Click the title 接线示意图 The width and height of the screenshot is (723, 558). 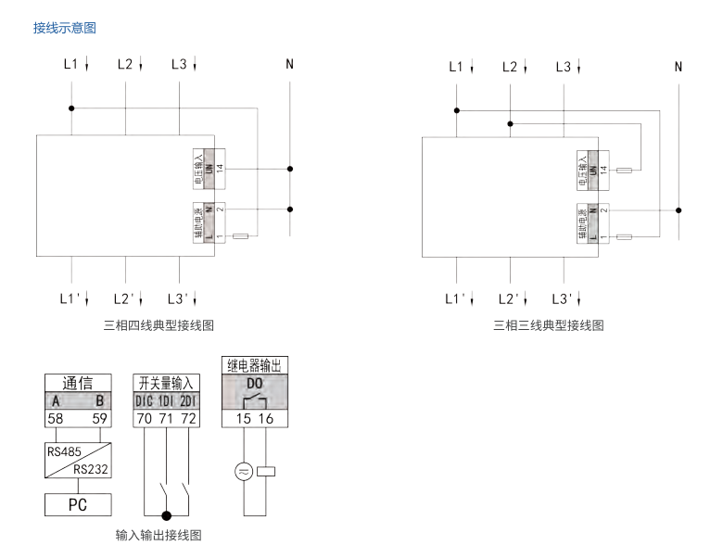(x=64, y=29)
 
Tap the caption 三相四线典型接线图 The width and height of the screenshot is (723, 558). (x=161, y=325)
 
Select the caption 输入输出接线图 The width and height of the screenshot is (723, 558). (x=159, y=536)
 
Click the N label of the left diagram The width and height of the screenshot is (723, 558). (x=290, y=66)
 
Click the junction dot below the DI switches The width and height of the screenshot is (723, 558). (x=168, y=514)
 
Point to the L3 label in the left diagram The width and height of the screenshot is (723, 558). (x=180, y=65)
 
